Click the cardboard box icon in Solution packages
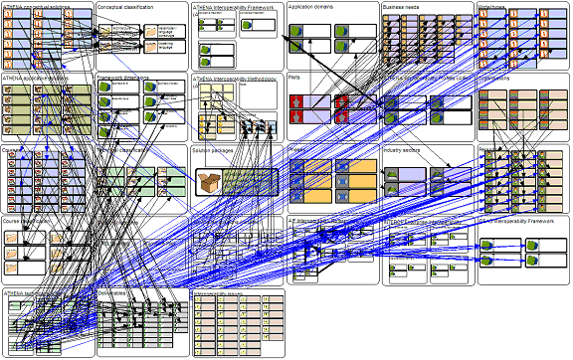click(x=209, y=183)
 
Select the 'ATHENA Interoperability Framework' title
click(x=234, y=7)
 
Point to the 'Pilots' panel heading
click(x=294, y=78)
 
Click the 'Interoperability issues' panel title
click(x=218, y=293)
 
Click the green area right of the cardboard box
click(x=250, y=182)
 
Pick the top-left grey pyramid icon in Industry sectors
click(x=392, y=175)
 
